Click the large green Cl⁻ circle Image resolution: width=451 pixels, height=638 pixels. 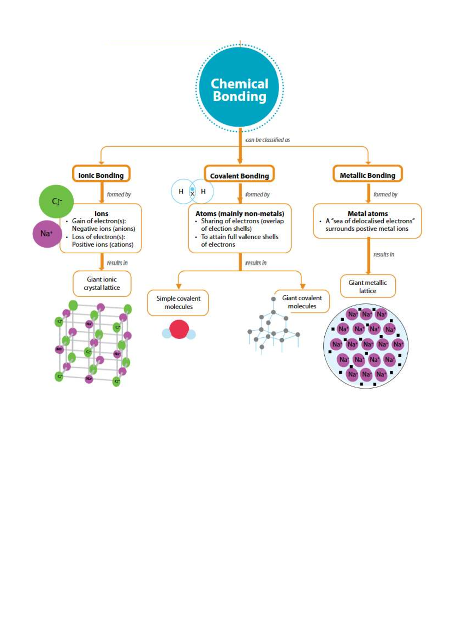pyautogui.click(x=56, y=201)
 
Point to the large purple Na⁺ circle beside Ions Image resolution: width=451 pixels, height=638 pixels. pyautogui.click(x=47, y=234)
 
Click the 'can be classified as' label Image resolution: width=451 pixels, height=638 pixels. pyautogui.click(x=268, y=140)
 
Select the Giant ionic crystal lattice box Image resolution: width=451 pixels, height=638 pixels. pyautogui.click(x=102, y=284)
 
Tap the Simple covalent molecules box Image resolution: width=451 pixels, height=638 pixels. pyautogui.click(x=178, y=302)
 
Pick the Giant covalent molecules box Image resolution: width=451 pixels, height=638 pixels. pyautogui.click(x=302, y=302)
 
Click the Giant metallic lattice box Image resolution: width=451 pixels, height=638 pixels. pyautogui.click(x=368, y=286)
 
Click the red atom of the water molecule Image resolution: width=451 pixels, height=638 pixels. pyautogui.click(x=179, y=330)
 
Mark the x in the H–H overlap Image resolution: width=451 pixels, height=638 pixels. pyautogui.click(x=192, y=194)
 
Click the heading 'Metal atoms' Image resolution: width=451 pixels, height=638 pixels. pyautogui.click(x=368, y=213)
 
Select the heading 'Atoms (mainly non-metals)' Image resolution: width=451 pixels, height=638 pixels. pyautogui.click(x=239, y=213)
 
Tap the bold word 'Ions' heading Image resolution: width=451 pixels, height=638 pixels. pyautogui.click(x=101, y=213)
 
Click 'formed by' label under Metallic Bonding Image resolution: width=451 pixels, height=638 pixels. pyautogui.click(x=385, y=194)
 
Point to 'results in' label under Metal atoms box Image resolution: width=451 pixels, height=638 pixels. pyautogui.click(x=384, y=254)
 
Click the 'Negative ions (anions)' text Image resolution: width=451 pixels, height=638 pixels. pyautogui.click(x=103, y=228)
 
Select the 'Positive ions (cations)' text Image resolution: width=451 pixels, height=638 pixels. pyautogui.click(x=103, y=244)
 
